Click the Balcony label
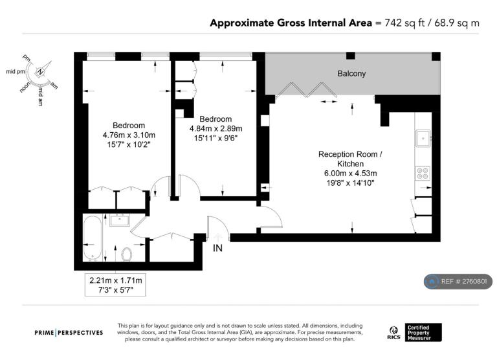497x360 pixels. click(351, 74)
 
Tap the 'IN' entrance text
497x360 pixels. click(217, 248)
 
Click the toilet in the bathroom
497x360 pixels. click(126, 254)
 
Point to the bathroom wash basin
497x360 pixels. click(120, 219)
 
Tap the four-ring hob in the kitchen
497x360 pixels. click(423, 173)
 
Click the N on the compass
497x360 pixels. click(40, 72)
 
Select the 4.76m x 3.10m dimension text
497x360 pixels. click(129, 135)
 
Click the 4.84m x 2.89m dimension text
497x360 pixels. click(216, 129)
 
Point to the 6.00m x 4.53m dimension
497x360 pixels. click(350, 174)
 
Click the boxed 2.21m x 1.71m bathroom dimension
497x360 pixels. click(115, 285)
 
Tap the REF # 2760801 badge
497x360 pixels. click(458, 282)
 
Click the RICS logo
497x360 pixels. click(393, 333)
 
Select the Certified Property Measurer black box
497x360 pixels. click(423, 332)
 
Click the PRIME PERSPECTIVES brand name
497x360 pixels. click(69, 333)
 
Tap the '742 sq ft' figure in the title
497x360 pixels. click(404, 23)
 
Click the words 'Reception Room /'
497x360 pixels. click(350, 155)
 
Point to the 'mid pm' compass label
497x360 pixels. click(16, 72)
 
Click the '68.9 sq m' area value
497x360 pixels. click(457, 23)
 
